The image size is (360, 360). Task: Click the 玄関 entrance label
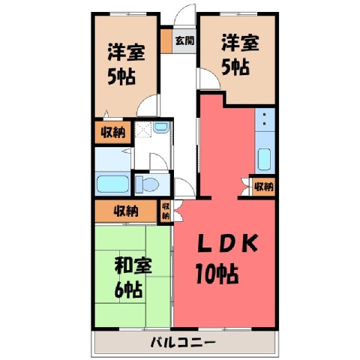click(x=184, y=40)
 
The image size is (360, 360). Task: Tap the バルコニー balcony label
click(x=183, y=342)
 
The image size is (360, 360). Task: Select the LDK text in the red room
click(x=227, y=243)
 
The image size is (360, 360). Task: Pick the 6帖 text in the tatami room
click(x=128, y=289)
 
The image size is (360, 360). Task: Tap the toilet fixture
click(x=148, y=184)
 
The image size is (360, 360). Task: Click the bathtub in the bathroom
click(x=112, y=184)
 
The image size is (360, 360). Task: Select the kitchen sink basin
click(x=264, y=159)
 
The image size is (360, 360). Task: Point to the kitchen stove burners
click(x=265, y=119)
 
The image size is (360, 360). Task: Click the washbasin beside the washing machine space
click(x=161, y=127)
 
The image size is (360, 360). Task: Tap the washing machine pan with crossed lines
click(x=143, y=130)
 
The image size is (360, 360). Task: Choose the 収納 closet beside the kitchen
click(x=263, y=187)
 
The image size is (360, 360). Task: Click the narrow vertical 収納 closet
click(x=166, y=211)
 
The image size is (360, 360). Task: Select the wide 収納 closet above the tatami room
click(x=126, y=211)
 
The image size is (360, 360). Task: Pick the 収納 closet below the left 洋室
click(x=112, y=132)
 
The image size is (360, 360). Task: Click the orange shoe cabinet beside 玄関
click(x=166, y=41)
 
